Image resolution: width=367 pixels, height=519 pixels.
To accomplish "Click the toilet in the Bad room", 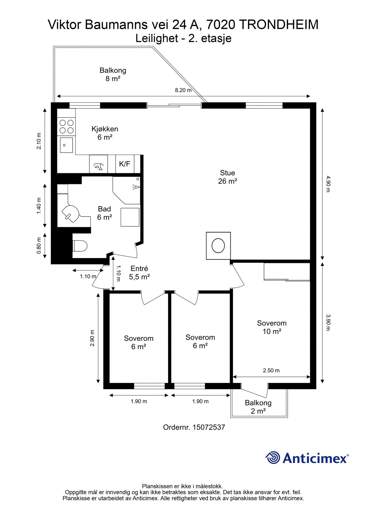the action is tap(80, 246).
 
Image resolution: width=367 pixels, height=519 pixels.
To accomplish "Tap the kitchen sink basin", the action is tap(66, 145).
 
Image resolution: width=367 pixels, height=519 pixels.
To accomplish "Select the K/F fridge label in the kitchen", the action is tap(125, 164).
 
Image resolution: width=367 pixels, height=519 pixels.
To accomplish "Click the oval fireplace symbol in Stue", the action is tap(218, 246).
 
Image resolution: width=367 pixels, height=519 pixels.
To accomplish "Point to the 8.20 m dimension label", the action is tap(183, 90).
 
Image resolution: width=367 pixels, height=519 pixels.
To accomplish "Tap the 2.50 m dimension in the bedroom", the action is tap(271, 371).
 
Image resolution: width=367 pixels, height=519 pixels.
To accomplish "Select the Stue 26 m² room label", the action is tap(227, 177).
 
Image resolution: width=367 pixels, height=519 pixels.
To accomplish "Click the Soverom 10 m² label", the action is tap(272, 327).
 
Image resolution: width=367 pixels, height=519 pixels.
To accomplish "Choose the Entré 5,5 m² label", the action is tap(139, 273).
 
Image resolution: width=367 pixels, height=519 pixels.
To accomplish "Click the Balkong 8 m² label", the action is tap(113, 74).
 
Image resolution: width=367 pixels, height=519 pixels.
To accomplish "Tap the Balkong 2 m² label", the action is tap(258, 407).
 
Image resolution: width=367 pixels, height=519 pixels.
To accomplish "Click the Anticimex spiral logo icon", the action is tap(273, 458).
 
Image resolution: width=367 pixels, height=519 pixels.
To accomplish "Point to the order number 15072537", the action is tap(209, 427).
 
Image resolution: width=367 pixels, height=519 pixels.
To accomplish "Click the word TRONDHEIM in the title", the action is tap(279, 25).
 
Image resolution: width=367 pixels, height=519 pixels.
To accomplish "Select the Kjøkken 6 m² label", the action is tap(105, 133).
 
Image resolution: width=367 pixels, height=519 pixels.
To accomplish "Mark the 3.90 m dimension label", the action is tap(327, 322).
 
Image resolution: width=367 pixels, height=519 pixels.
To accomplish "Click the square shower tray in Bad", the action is tap(130, 217).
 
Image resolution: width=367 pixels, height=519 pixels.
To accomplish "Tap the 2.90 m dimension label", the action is tap(92, 338).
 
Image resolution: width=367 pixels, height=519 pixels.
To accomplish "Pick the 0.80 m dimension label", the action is tap(39, 246).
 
